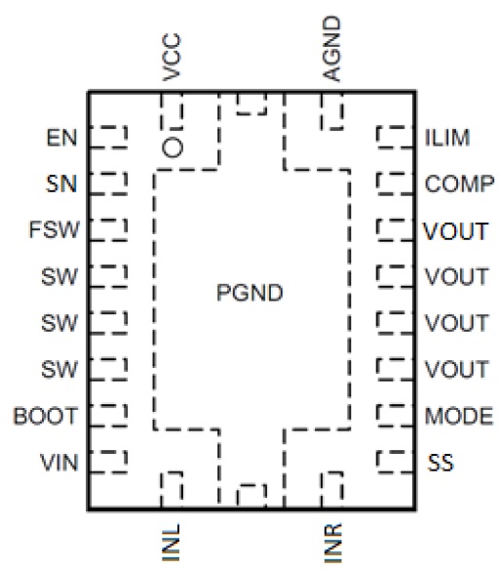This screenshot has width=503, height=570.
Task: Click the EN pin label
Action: point(62,138)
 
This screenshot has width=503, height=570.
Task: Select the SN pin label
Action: point(61,183)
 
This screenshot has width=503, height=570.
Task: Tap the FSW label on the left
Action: point(55,229)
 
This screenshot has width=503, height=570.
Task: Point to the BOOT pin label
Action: point(46,416)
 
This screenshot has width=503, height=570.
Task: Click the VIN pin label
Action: point(59,463)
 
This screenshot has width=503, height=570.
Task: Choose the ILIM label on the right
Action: point(447,138)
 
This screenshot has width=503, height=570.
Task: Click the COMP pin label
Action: point(460,183)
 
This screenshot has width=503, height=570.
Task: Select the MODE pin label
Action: point(459,416)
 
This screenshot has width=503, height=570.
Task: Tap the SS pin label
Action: point(441,463)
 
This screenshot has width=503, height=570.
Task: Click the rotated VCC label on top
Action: point(172,57)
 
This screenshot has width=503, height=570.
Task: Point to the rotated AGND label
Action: point(332,49)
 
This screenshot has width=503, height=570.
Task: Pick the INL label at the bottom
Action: point(171,543)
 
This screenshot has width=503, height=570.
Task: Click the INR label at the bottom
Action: point(332,543)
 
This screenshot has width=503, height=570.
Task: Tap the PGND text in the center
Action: point(250,293)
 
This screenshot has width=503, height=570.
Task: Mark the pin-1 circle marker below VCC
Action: point(173,147)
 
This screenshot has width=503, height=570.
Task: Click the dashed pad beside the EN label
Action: point(108,137)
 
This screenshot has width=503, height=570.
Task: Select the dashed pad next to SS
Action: point(395,462)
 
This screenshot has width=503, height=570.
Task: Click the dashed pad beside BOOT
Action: point(108,415)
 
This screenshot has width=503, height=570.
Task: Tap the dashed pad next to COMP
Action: point(395,183)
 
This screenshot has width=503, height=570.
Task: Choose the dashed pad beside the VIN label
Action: point(108,462)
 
